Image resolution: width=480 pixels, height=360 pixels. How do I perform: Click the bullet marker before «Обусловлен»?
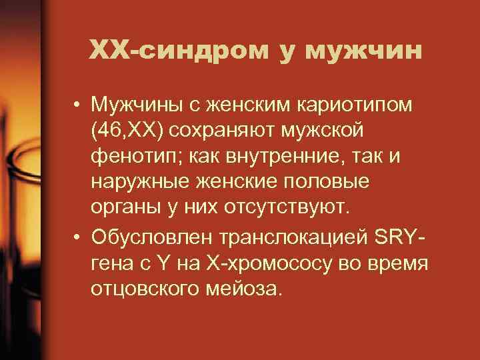pyautogui.click(x=78, y=237)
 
